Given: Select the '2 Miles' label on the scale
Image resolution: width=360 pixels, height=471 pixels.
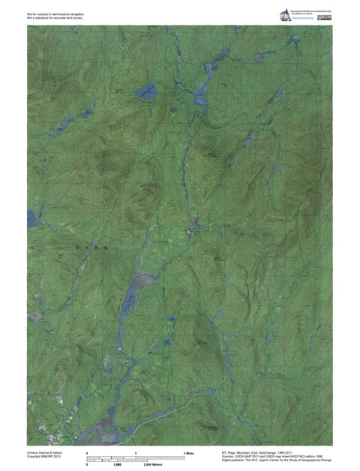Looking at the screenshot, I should pos(189,454).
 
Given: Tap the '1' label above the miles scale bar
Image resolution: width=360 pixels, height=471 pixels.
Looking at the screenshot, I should pos(136,454).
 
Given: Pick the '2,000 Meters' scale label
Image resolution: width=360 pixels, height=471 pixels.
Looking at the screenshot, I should pos(153,466).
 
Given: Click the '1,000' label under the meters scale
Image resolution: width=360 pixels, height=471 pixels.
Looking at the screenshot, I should pos(117,466).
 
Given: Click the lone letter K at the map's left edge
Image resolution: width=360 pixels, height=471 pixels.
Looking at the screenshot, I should pos(31,247).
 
